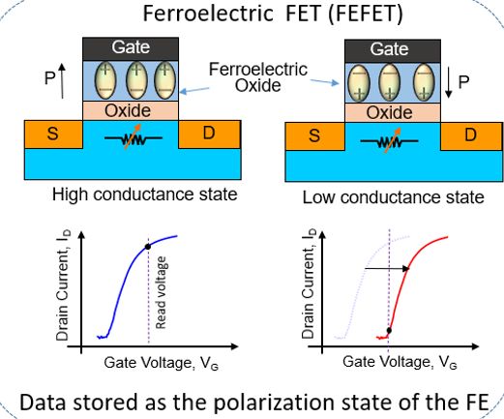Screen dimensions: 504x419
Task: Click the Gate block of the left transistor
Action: [x=131, y=48]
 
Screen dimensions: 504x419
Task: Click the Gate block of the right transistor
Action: [x=393, y=51]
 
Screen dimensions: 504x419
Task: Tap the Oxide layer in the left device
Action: [x=131, y=110]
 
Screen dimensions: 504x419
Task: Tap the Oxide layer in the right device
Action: [x=393, y=113]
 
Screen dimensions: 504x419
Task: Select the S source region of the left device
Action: [x=53, y=135]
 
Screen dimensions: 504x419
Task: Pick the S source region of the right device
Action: [x=314, y=136]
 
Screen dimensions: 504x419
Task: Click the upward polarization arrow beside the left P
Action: [x=62, y=80]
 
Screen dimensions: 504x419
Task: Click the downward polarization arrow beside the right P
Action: [x=449, y=81]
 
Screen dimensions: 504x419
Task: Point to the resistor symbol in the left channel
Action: [x=133, y=138]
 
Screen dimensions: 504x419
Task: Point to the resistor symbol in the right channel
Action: [x=389, y=140]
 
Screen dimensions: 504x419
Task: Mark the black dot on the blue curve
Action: [x=148, y=247]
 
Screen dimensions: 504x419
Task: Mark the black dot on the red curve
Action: [x=389, y=330]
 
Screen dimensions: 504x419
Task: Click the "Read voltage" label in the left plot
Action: [x=161, y=292]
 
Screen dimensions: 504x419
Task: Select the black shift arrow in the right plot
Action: [x=387, y=268]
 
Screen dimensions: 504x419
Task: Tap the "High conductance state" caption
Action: [x=145, y=195]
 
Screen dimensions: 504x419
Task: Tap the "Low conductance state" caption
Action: [x=394, y=197]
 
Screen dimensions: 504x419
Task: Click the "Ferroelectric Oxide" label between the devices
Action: [x=258, y=77]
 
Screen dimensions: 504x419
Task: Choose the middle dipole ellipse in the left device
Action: [x=136, y=80]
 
